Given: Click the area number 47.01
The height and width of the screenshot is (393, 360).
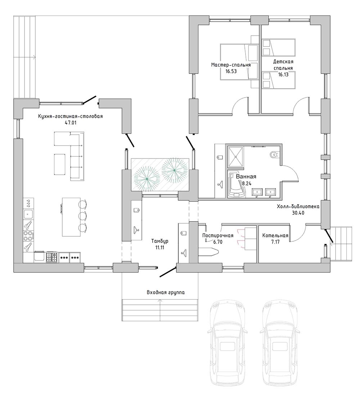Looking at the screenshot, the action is point(71,123).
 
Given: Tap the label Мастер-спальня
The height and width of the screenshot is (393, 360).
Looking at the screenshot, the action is point(231,65).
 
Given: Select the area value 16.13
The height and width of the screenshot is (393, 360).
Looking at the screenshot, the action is point(283,75).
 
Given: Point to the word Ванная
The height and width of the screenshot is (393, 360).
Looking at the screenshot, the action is point(246,177).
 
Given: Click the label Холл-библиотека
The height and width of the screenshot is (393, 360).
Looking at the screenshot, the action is point(298,207).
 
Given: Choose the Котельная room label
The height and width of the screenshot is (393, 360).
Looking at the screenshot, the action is point(275,236).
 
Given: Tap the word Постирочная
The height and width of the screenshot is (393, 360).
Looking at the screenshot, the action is point(218,236).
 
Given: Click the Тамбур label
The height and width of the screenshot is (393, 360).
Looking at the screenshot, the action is point(159,241).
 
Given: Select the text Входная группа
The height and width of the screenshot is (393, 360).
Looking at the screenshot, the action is point(166,292).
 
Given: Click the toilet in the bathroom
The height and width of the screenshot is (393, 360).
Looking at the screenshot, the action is point(274,155).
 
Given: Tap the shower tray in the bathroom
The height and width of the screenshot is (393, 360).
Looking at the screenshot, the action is point(235,157).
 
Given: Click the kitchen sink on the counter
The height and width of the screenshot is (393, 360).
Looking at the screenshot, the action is point(28,214).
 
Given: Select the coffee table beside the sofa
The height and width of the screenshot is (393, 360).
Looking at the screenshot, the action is point(60,164).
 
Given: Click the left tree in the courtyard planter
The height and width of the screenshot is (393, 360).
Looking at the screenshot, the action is point(146,179).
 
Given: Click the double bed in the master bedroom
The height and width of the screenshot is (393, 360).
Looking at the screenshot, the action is point(239,62).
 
